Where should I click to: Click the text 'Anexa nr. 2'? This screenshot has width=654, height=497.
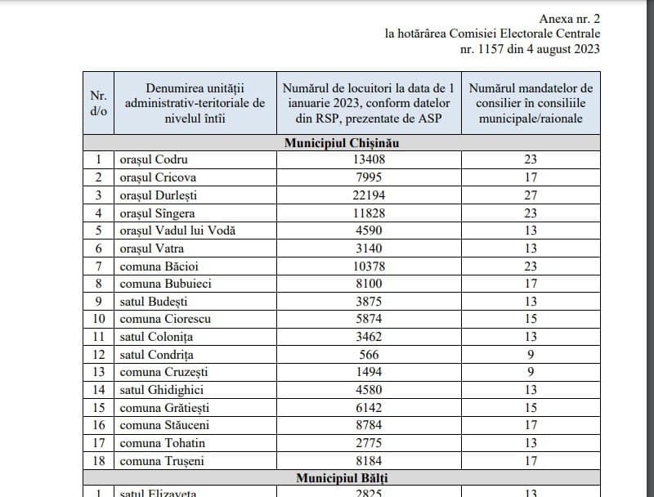pyautogui.click(x=570, y=18)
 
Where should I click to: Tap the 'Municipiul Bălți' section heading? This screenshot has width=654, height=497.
pyautogui.click(x=342, y=477)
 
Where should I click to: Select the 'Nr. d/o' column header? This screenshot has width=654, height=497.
pyautogui.click(x=98, y=103)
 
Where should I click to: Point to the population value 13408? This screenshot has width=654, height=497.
pyautogui.click(x=368, y=159)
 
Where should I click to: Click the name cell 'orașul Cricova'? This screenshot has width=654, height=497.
pyautogui.click(x=158, y=177)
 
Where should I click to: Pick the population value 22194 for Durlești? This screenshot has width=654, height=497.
pyautogui.click(x=368, y=195)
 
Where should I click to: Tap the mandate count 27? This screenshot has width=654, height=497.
pyautogui.click(x=531, y=195)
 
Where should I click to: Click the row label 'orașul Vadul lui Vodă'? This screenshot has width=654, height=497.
pyautogui.click(x=177, y=231)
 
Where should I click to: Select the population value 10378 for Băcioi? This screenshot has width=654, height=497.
pyautogui.click(x=368, y=266)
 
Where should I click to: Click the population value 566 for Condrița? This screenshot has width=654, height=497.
pyautogui.click(x=368, y=354)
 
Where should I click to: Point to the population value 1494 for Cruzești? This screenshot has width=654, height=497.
pyautogui.click(x=368, y=372)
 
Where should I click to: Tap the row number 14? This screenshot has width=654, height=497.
pyautogui.click(x=98, y=390)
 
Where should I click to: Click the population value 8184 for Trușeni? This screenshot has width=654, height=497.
pyautogui.click(x=368, y=460)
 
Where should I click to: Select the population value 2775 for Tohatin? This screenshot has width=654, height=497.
pyautogui.click(x=368, y=443)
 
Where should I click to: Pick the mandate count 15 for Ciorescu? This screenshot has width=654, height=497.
pyautogui.click(x=531, y=319)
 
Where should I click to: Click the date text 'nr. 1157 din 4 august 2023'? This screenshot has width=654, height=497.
pyautogui.click(x=531, y=48)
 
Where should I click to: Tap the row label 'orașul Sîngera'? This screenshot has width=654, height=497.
pyautogui.click(x=158, y=213)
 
